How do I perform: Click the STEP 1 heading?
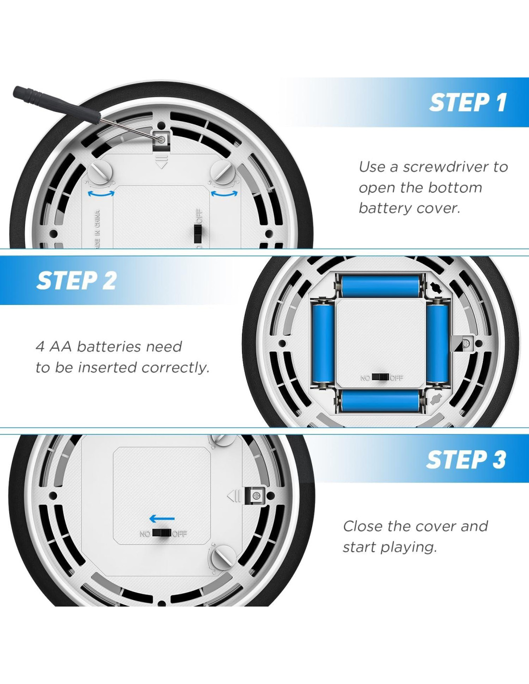(x=468, y=102)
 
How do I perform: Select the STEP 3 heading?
(x=466, y=460)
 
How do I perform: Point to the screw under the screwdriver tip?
(x=161, y=139)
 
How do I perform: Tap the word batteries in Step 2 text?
(x=109, y=346)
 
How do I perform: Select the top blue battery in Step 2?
(x=381, y=286)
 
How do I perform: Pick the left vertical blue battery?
(x=323, y=342)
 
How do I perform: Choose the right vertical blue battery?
(x=438, y=342)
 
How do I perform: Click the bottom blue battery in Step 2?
(x=380, y=401)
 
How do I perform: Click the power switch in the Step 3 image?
(x=162, y=533)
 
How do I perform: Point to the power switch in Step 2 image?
(x=380, y=377)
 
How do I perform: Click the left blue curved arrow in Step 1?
(x=101, y=193)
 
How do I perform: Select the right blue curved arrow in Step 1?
(x=224, y=193)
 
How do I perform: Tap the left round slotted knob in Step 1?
(x=100, y=172)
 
